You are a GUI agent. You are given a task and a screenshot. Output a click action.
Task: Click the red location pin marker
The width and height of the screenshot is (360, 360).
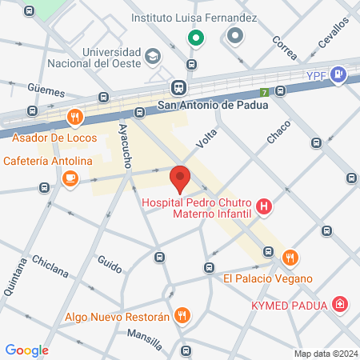point(180,178)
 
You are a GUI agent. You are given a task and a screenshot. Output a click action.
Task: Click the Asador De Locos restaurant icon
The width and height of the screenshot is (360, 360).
point(74,117)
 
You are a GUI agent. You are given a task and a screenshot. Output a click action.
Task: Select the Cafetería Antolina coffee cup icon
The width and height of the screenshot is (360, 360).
point(70,178)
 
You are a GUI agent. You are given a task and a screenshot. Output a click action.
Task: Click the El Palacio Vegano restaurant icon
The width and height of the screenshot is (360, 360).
point(290,258)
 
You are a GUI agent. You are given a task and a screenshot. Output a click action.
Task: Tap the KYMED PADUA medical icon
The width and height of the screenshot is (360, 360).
point(341,304)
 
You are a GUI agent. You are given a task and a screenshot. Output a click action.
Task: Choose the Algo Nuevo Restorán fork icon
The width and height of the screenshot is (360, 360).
point(182,316)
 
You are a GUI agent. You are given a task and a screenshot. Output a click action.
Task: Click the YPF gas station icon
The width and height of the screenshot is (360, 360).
point(338,75)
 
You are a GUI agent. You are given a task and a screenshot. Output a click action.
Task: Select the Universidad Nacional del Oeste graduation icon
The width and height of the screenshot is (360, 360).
point(152,56)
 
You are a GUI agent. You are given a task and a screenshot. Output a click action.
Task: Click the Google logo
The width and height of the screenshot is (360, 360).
point(26,350)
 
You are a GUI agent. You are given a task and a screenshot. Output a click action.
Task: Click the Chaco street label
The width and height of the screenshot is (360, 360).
point(278,131)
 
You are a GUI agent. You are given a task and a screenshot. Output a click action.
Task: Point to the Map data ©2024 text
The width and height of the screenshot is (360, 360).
point(324,353)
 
